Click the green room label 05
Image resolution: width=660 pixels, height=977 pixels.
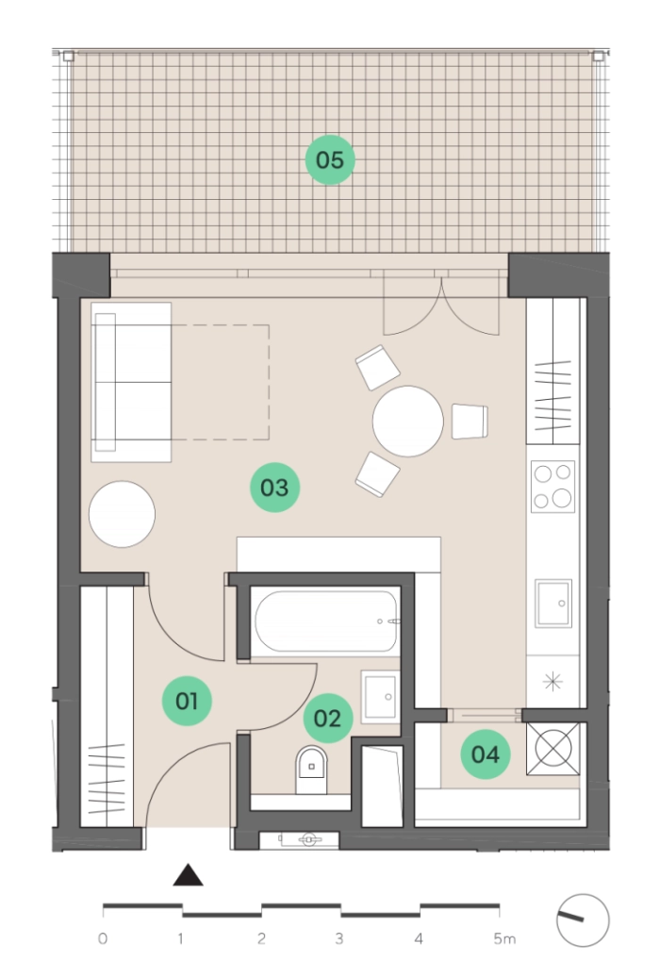pyautogui.click(x=330, y=159)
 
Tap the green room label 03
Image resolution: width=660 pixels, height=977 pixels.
pyautogui.click(x=275, y=488)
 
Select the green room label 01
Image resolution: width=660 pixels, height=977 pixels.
pyautogui.click(x=187, y=701)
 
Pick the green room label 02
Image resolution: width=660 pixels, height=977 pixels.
pyautogui.click(x=328, y=719)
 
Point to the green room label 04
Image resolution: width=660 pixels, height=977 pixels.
pyautogui.click(x=486, y=753)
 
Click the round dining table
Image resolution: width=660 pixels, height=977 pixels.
pyautogui.click(x=408, y=422)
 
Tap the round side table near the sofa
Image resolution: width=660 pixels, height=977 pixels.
pyautogui.click(x=123, y=514)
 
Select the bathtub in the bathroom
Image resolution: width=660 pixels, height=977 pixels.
pyautogui.click(x=326, y=621)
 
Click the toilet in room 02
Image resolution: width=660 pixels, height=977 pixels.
pyautogui.click(x=311, y=769)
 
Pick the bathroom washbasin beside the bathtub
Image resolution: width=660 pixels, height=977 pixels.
pyautogui.click(x=380, y=697)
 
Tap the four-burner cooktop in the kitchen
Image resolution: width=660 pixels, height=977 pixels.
pyautogui.click(x=553, y=487)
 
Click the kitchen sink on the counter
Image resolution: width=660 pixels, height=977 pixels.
pyautogui.click(x=553, y=604)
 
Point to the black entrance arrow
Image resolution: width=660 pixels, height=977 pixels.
pyautogui.click(x=188, y=875)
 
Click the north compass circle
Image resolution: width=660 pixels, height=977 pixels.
pyautogui.click(x=583, y=920)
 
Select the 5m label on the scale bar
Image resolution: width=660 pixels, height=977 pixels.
pyautogui.click(x=504, y=938)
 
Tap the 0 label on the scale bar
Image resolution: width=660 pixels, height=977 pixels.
pyautogui.click(x=103, y=938)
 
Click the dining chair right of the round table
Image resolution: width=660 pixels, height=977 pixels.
pyautogui.click(x=470, y=422)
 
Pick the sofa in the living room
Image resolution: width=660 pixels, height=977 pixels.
pyautogui.click(x=131, y=382)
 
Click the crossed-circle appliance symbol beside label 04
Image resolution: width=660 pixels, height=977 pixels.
pyautogui.click(x=553, y=749)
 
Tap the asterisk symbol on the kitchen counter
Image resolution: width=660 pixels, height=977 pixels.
pyautogui.click(x=553, y=682)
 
